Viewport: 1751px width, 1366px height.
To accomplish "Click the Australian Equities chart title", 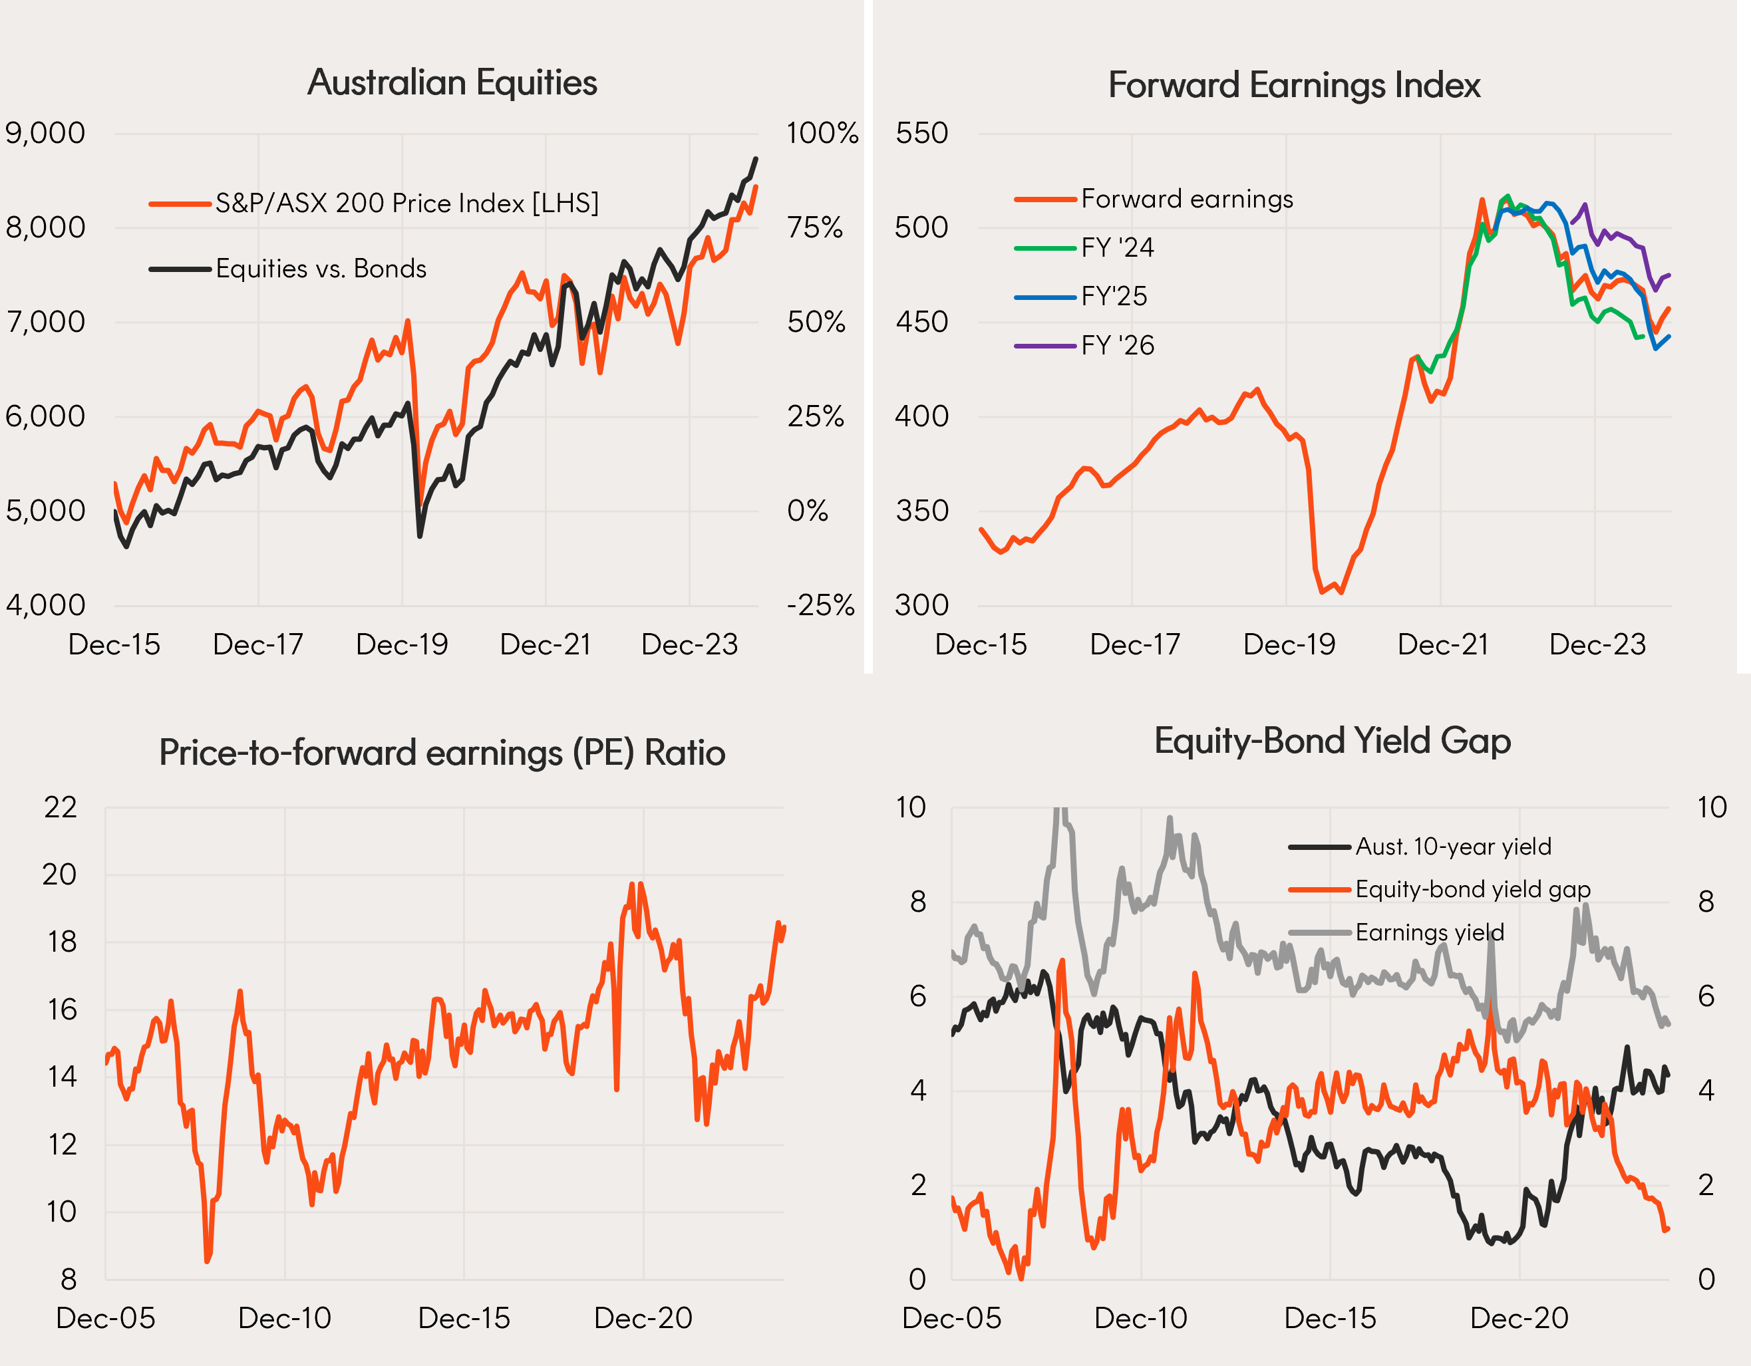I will (452, 82).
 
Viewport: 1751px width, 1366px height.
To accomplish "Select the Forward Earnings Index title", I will (1293, 85).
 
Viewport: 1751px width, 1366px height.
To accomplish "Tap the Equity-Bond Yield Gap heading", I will (1332, 741).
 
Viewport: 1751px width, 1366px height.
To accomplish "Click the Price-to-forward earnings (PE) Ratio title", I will (442, 753).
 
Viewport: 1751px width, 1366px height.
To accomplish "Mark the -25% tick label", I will (820, 605).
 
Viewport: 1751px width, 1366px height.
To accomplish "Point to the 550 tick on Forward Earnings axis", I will (921, 133).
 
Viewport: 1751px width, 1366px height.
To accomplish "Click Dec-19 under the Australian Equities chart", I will (402, 644).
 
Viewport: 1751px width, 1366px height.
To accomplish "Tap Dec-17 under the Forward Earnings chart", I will (1134, 644).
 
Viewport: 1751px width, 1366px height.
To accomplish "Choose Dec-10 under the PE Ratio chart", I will (285, 1318).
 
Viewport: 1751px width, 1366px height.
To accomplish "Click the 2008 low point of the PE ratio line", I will (207, 1261).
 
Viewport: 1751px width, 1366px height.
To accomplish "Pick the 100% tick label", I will (822, 133).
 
